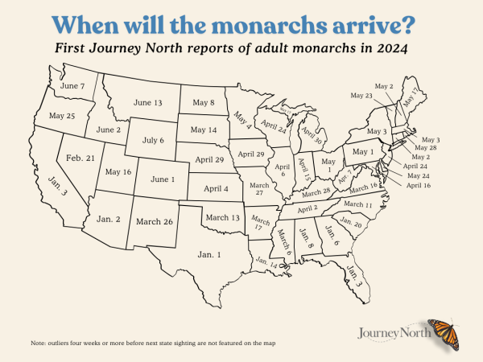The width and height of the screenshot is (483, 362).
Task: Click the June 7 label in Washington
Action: pos(72,85)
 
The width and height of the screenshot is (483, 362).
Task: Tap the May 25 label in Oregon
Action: pos(61,116)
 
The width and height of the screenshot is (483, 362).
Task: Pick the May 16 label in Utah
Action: pos(118,171)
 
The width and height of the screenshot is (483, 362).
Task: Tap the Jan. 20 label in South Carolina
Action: pos(351,223)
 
